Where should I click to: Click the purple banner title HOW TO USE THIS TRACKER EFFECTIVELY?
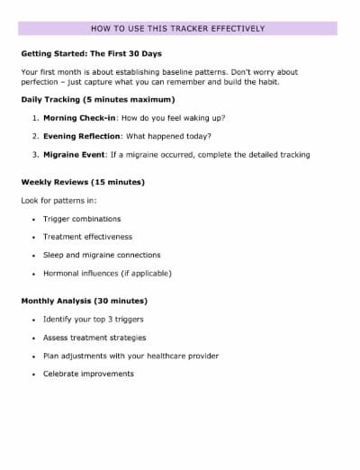point(178,28)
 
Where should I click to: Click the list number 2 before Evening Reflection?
point(34,136)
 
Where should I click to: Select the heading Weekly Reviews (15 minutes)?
point(83,182)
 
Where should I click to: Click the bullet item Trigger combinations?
point(82,219)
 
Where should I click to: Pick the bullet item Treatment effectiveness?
point(87,237)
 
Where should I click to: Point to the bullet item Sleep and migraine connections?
point(102,255)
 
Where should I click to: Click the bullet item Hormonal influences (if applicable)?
point(107,273)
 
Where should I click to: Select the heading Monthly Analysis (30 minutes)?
point(85,301)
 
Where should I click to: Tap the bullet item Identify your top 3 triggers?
point(94,320)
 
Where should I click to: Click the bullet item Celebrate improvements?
point(88,374)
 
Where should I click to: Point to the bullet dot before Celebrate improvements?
point(33,374)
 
